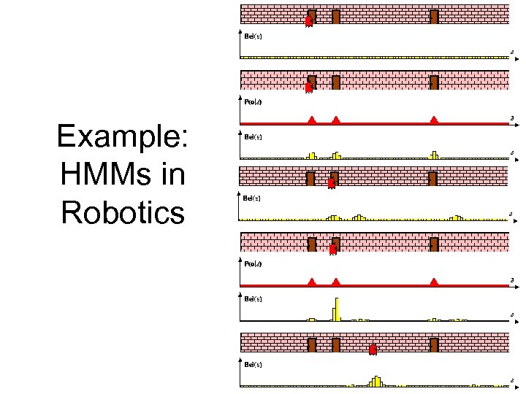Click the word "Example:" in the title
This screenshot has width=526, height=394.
click(123, 136)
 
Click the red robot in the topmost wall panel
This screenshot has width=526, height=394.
click(308, 22)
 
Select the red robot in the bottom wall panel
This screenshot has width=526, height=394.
click(373, 349)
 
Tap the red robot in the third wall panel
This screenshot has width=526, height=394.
click(331, 184)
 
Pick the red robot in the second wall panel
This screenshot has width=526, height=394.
click(308, 88)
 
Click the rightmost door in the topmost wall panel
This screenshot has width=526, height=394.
click(434, 16)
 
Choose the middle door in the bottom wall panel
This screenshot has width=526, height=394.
click(335, 344)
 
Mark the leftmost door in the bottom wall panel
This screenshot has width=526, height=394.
click(312, 344)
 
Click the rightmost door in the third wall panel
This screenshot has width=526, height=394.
click(432, 178)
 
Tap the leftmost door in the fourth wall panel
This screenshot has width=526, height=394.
click(312, 244)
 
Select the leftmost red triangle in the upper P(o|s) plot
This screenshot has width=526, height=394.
click(311, 119)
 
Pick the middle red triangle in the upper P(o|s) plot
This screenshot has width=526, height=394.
click(336, 119)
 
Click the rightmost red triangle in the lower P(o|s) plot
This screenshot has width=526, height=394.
click(434, 282)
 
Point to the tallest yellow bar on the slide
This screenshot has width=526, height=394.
click(337, 309)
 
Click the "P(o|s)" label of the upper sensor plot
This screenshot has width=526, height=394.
click(253, 102)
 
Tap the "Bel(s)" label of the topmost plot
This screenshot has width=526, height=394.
click(253, 36)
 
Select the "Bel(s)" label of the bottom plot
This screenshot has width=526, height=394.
click(253, 363)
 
